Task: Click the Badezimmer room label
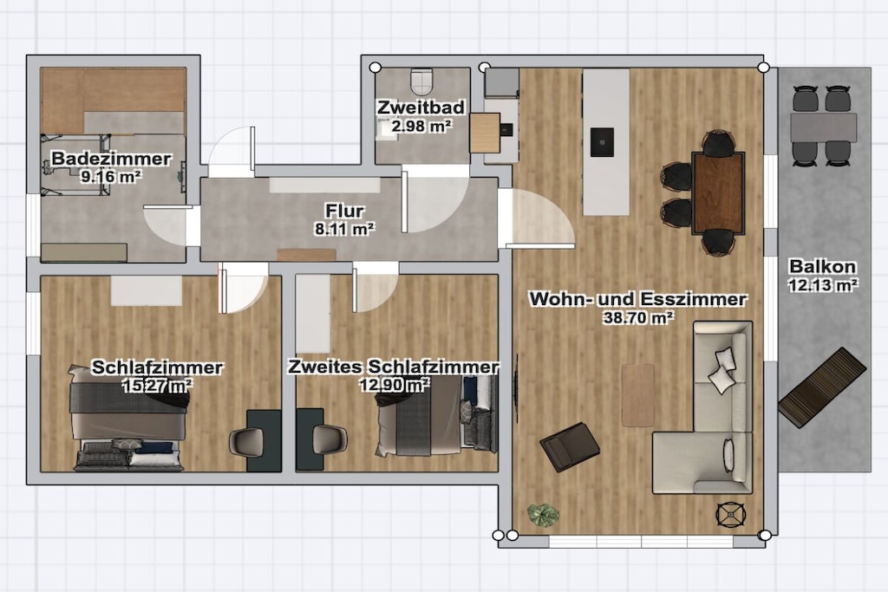pyautogui.click(x=111, y=159)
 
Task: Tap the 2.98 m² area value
pyautogui.click(x=421, y=126)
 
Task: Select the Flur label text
pyautogui.click(x=344, y=211)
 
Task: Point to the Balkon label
pyautogui.click(x=822, y=266)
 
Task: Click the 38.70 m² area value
pyautogui.click(x=638, y=317)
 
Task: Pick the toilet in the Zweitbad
pyautogui.click(x=421, y=81)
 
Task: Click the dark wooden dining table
pyautogui.click(x=717, y=192)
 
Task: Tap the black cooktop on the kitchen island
pyautogui.click(x=602, y=141)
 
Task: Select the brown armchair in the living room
pyautogui.click(x=569, y=446)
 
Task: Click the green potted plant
pyautogui.click(x=543, y=515)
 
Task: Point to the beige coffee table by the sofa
pyautogui.click(x=637, y=394)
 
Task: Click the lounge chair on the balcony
pyautogui.click(x=822, y=388)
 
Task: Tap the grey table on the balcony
pyautogui.click(x=824, y=128)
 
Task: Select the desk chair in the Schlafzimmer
pyautogui.click(x=247, y=441)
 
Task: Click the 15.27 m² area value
pyautogui.click(x=157, y=386)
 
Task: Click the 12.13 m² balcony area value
pyautogui.click(x=822, y=284)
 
